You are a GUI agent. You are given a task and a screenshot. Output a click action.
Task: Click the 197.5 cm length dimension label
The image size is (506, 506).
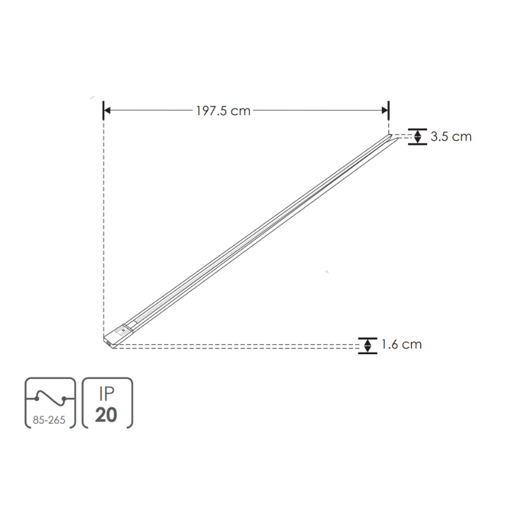[223, 111]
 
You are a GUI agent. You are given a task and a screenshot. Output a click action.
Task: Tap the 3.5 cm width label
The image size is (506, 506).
[451, 136]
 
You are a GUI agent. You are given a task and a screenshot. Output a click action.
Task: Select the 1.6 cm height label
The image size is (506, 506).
[401, 345]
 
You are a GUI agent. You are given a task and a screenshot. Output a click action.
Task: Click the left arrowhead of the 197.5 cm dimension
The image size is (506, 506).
[108, 111]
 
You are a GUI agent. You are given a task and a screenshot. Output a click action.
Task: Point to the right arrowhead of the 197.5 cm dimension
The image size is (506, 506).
[384, 111]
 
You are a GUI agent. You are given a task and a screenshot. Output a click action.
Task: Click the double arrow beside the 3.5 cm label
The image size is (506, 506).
[417, 136]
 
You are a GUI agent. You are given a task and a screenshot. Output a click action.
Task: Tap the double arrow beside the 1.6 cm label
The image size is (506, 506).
[367, 345]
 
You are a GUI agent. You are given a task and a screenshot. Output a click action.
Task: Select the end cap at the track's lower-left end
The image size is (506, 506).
[116, 335]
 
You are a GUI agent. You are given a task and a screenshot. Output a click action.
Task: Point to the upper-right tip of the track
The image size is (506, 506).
[393, 135]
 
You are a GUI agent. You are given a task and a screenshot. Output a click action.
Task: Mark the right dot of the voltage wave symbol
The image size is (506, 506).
[64, 398]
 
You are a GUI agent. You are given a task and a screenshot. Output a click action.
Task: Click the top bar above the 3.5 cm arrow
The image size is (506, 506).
[417, 128]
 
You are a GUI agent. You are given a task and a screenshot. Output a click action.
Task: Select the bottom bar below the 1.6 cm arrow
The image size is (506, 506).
[367, 353]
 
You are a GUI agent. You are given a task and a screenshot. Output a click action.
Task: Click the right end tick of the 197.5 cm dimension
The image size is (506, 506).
[388, 111]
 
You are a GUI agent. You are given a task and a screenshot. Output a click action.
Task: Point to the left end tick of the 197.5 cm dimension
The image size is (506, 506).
[103, 111]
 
